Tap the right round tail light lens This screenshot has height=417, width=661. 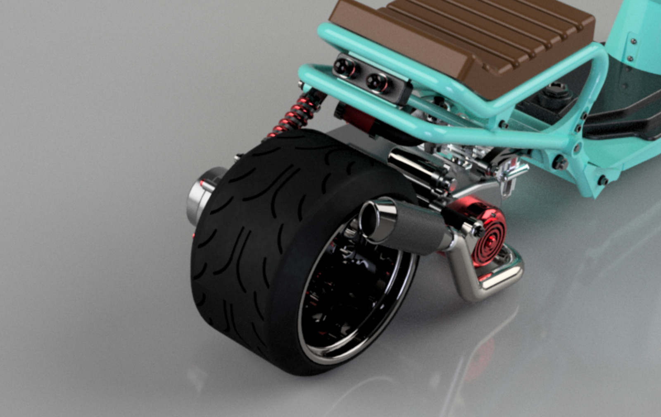click(375, 81)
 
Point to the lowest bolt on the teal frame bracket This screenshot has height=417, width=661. click(603, 180)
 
